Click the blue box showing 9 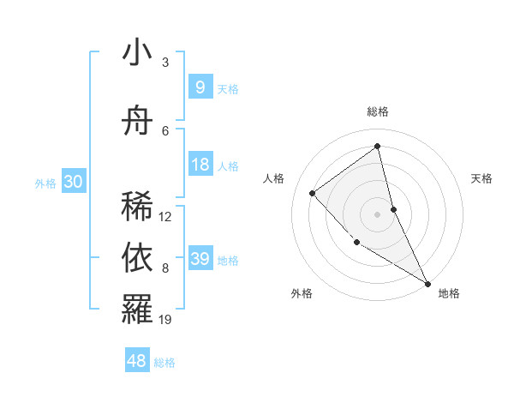click(x=200, y=87)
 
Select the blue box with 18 click(x=200, y=165)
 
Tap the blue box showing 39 click(x=200, y=259)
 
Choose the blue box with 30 click(x=73, y=182)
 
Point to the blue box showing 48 click(x=137, y=361)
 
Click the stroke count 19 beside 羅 click(x=166, y=320)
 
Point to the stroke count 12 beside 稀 click(x=166, y=217)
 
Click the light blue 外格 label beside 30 click(x=45, y=183)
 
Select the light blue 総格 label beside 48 click(x=164, y=363)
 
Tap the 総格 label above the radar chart click(x=378, y=111)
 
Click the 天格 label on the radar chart click(x=482, y=178)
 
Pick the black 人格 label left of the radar click(x=274, y=178)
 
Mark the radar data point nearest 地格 click(x=427, y=283)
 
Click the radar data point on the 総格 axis click(x=378, y=146)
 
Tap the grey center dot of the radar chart click(x=378, y=214)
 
